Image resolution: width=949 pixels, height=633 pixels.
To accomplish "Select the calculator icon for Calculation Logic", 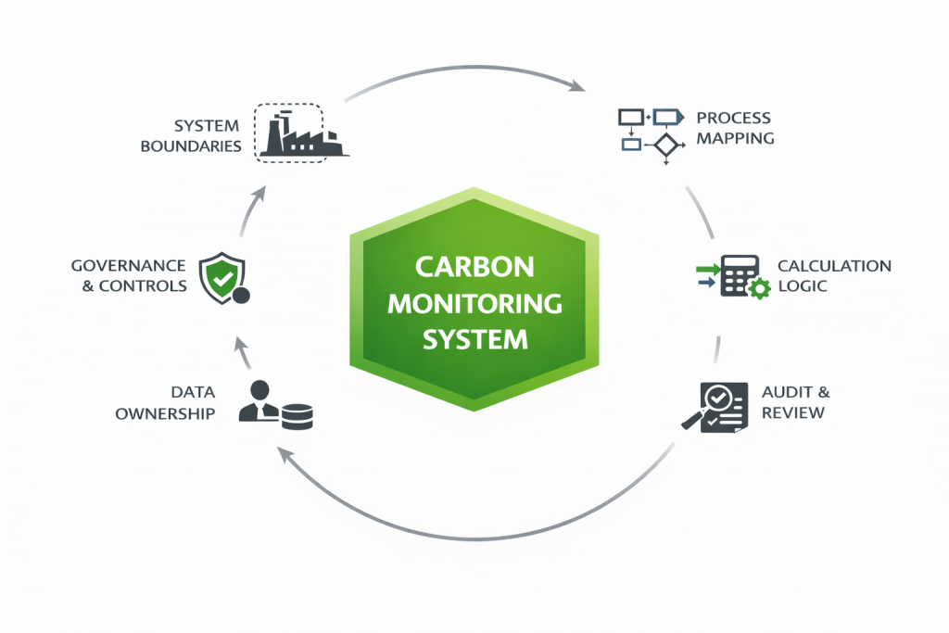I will coord(739,275).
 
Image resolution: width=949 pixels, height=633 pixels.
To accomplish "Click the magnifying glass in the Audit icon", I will coord(712,401).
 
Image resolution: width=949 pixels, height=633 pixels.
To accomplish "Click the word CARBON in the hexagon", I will coord(474,268).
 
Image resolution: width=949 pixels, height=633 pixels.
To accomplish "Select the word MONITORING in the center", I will coord(474,303).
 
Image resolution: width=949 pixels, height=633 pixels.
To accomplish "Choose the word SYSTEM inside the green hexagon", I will coord(474,339).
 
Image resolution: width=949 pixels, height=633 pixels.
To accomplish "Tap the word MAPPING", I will coord(736,138).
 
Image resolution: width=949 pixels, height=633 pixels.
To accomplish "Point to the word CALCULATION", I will coord(834,266).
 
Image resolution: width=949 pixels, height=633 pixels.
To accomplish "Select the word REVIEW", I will coord(792,412).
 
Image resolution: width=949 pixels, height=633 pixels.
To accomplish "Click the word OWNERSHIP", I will coord(165,413).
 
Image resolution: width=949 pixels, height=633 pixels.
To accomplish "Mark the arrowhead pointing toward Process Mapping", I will coord(577,86).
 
